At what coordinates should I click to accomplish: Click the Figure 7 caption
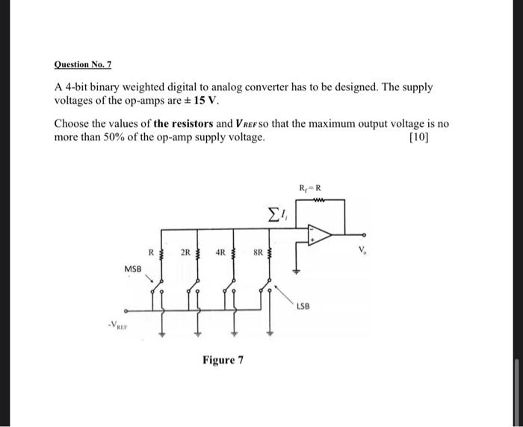(x=223, y=361)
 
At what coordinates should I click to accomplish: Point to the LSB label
(x=304, y=306)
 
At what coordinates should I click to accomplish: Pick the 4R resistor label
(x=222, y=252)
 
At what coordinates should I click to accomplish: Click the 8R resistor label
(x=256, y=252)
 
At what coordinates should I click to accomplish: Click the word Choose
(x=73, y=124)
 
